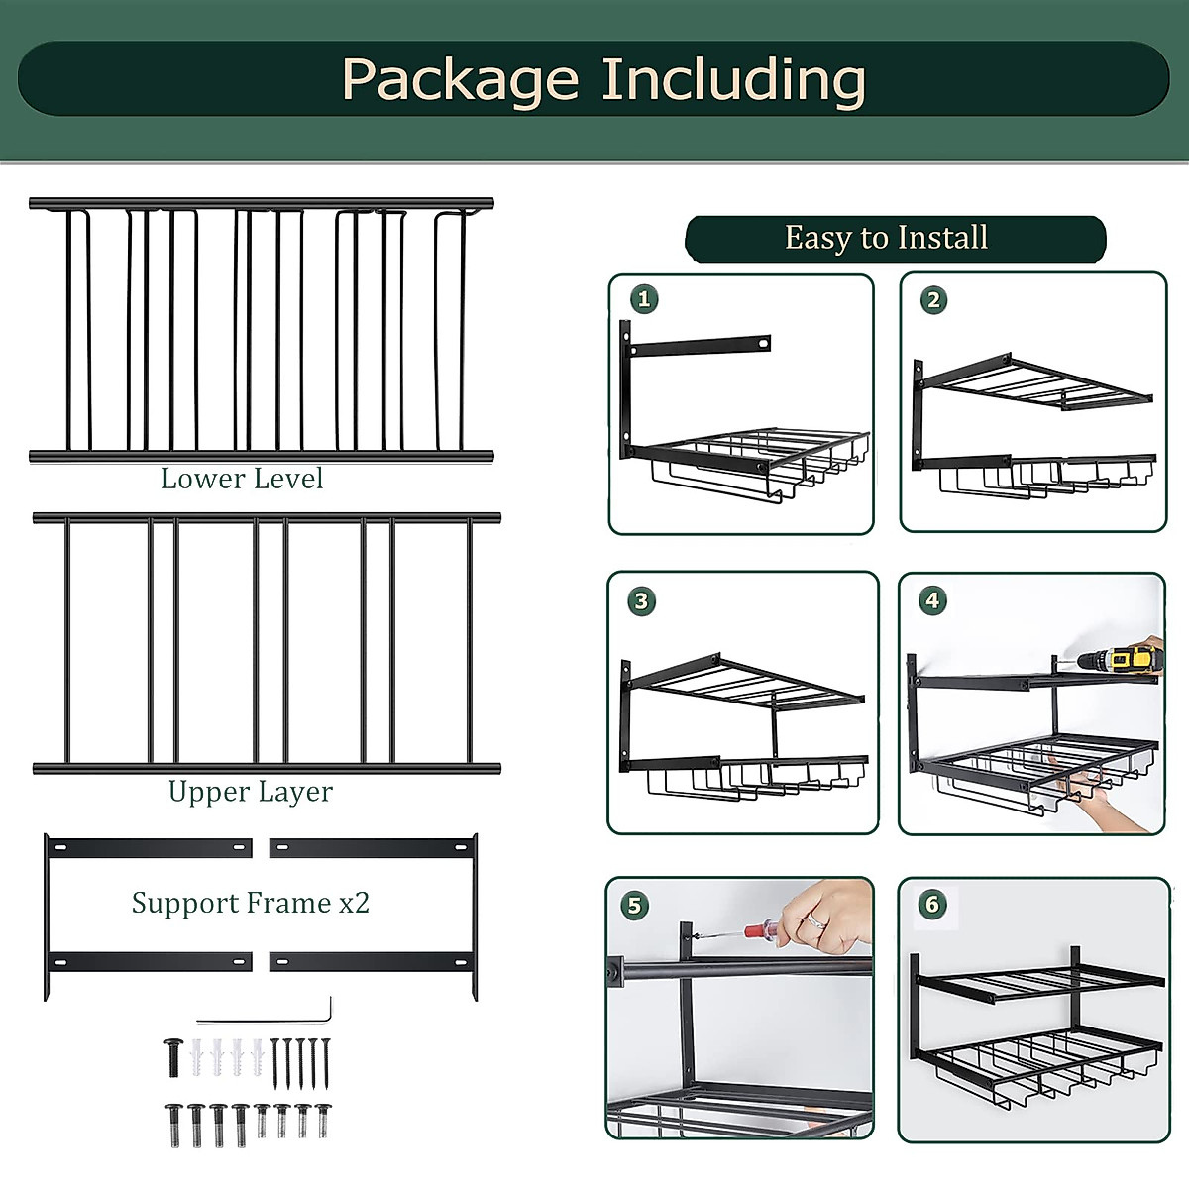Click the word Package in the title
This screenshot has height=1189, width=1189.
[460, 80]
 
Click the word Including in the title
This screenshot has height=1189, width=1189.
[733, 80]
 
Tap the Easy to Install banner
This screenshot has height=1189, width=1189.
[886, 238]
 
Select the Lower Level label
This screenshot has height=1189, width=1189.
[242, 479]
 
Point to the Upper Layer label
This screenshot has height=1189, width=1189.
[250, 792]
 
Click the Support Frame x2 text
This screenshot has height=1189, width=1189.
[250, 903]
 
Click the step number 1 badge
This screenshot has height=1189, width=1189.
[644, 298]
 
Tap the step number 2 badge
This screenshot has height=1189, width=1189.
[933, 299]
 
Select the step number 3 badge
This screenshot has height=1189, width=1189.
[641, 600]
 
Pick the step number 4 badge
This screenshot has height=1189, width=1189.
[931, 600]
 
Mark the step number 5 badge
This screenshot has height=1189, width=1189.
[634, 904]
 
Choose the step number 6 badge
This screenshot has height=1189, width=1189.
[931, 904]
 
